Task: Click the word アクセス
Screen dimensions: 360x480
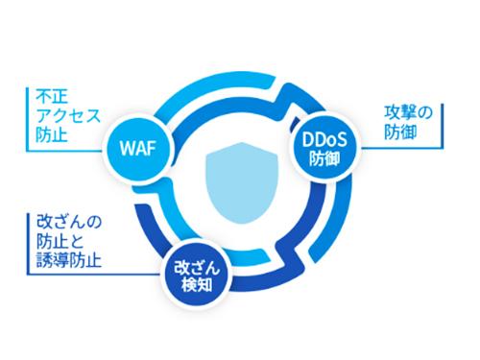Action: coord(65,116)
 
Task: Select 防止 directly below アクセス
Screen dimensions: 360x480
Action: coord(49,134)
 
